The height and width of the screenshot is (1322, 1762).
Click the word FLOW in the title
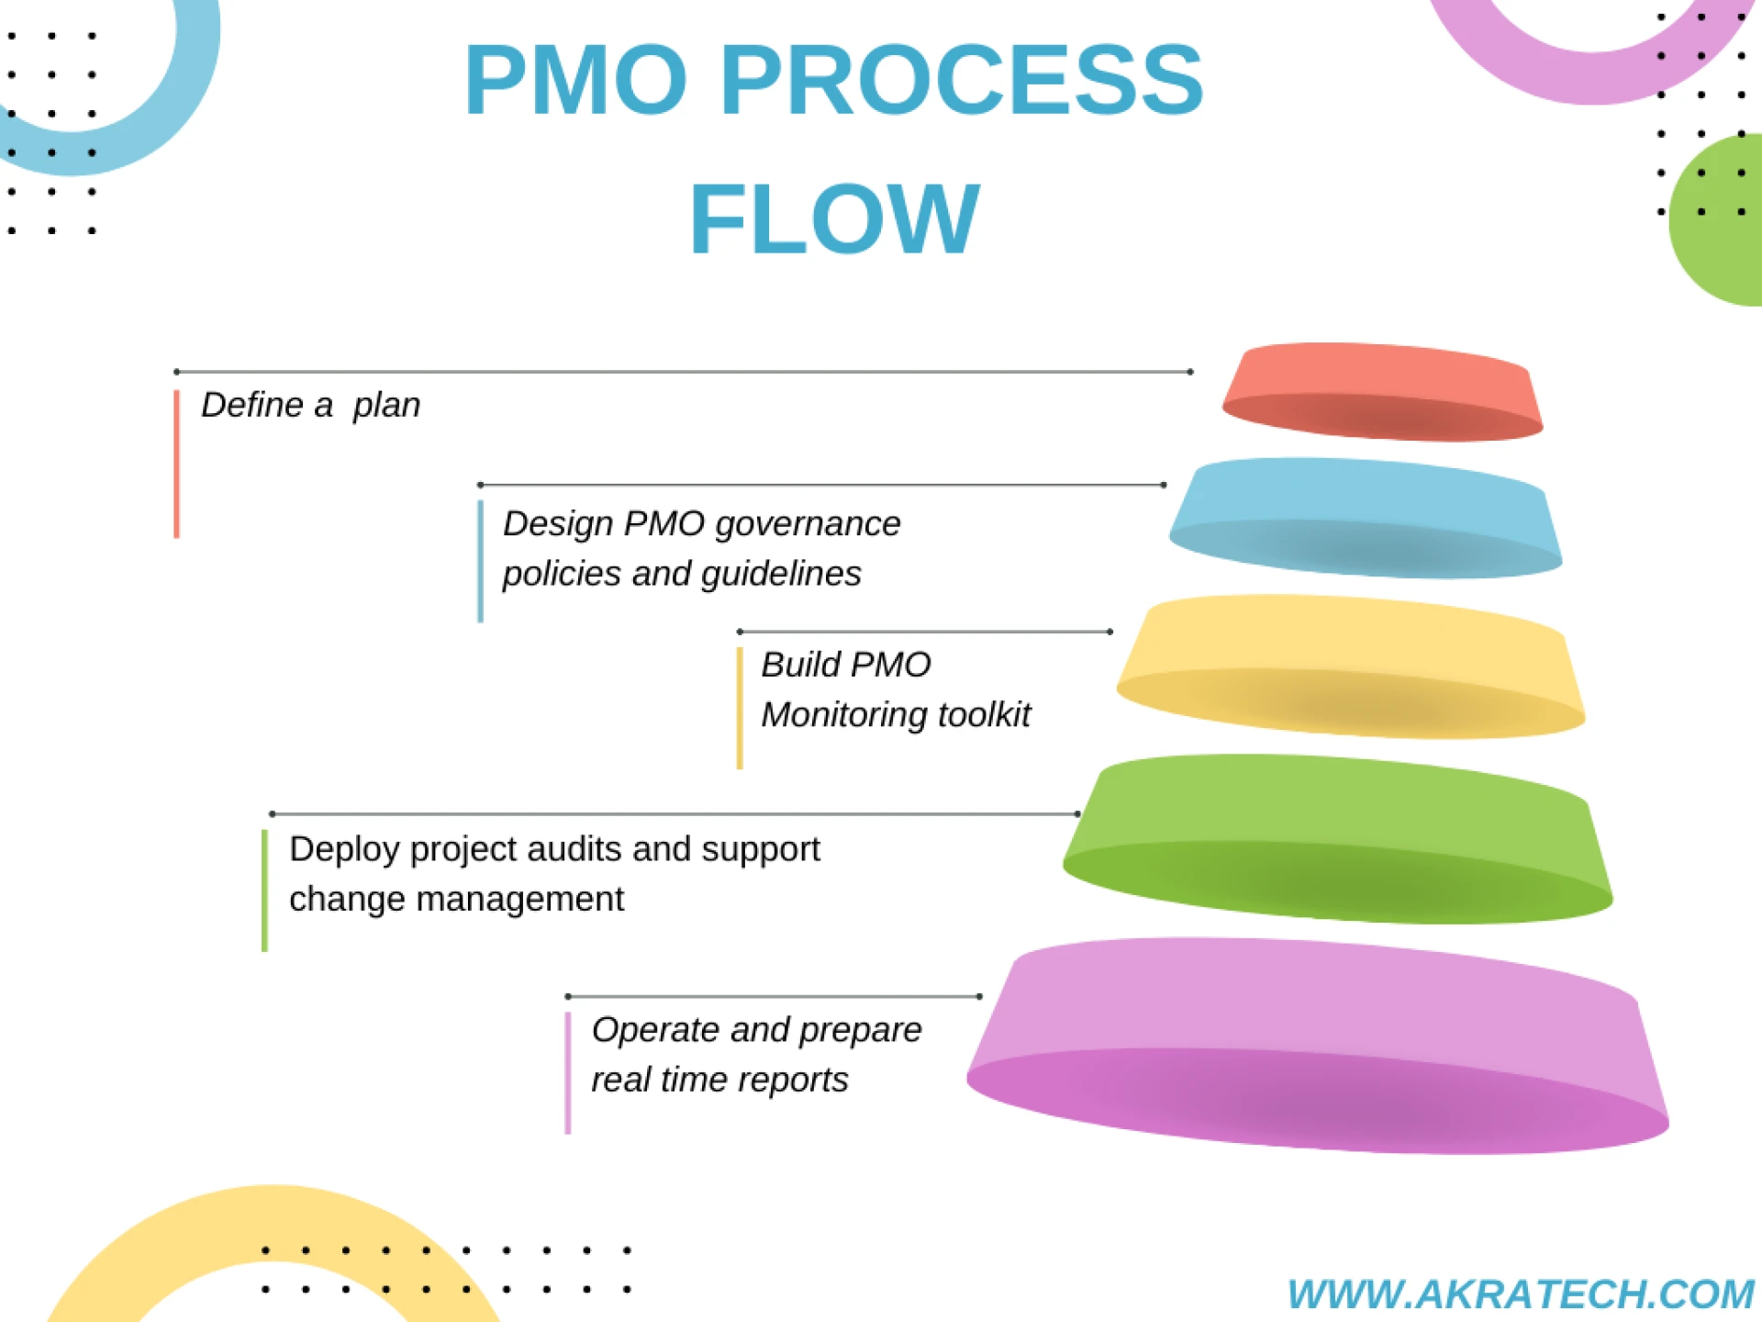click(834, 219)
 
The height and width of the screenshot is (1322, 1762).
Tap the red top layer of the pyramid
click(1382, 392)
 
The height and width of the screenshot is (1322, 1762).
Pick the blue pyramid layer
click(1366, 518)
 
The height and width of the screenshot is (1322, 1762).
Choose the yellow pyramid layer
click(1350, 667)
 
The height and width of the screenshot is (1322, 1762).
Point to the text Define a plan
click(310, 405)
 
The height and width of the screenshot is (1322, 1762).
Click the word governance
click(808, 524)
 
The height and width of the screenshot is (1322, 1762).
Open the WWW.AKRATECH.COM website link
click(1520, 1294)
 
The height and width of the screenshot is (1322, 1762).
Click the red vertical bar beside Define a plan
click(176, 464)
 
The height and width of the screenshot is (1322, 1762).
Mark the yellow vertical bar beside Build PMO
click(740, 708)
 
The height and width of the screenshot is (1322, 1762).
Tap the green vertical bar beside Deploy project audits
click(264, 891)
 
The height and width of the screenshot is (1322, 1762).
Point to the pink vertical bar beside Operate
click(568, 1072)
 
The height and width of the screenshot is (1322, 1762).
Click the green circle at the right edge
click(1721, 220)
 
